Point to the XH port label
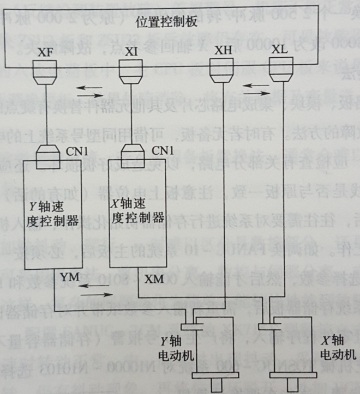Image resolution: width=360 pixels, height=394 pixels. (222, 50)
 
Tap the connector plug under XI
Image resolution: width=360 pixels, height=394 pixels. (131, 73)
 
